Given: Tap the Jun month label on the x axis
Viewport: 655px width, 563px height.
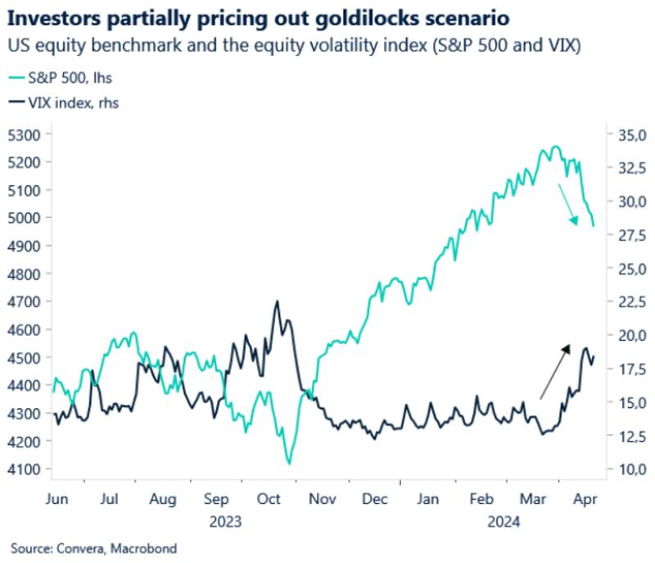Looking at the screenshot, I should pyautogui.click(x=56, y=497).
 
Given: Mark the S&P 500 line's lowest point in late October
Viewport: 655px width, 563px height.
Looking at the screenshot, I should pyautogui.click(x=288, y=464).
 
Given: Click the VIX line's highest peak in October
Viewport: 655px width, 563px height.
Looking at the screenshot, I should pyautogui.click(x=277, y=302).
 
